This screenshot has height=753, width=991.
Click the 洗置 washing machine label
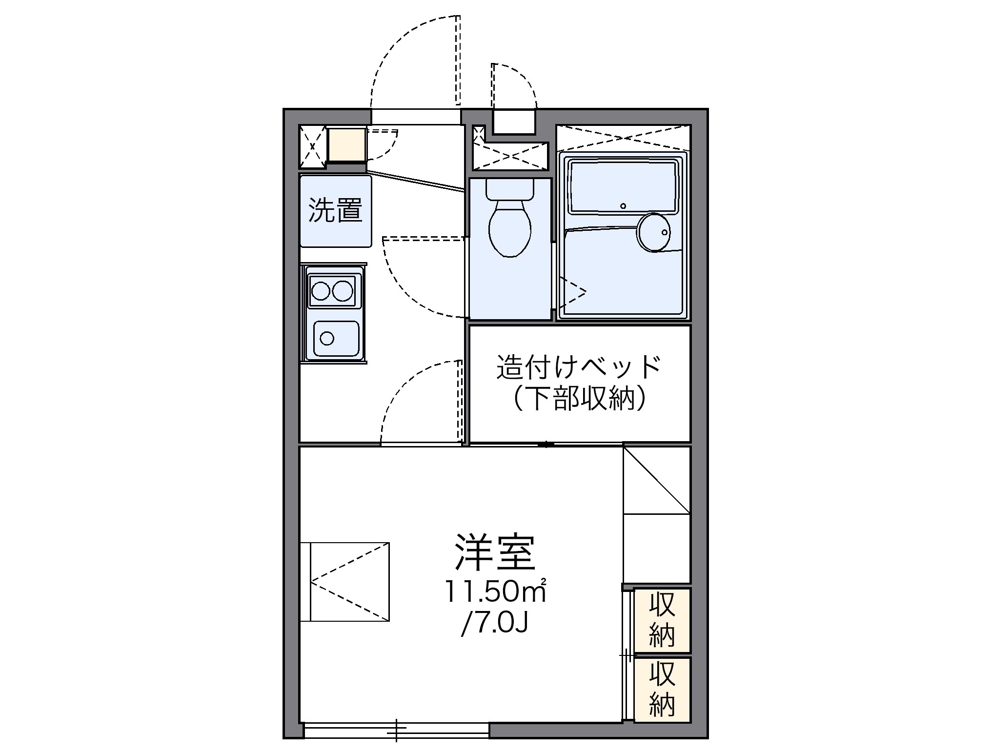[335, 211]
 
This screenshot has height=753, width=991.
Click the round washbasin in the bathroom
[654, 232]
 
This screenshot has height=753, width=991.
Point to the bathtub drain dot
[623, 206]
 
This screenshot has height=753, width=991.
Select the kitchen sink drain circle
[326, 338]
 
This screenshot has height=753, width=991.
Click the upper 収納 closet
[662, 620]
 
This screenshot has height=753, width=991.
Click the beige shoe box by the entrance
[346, 144]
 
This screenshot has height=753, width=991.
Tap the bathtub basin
[623, 187]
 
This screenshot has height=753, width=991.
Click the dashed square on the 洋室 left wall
[349, 582]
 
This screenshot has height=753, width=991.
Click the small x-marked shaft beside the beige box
[312, 145]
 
